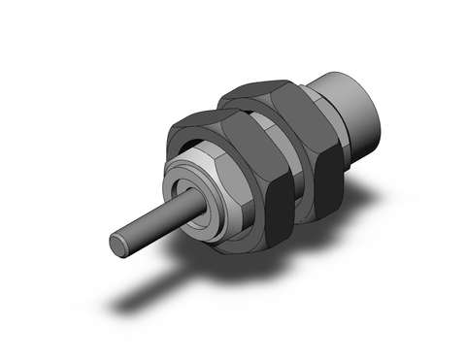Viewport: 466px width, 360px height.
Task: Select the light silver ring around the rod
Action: (182, 190)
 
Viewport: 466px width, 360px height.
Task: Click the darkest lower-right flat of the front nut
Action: (275, 199)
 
